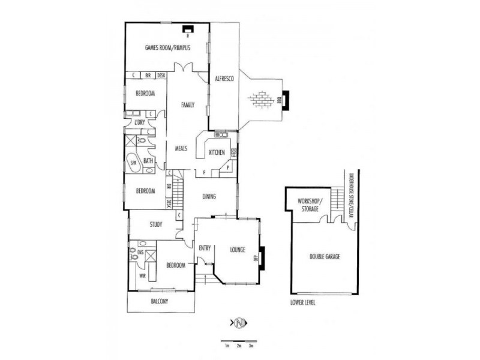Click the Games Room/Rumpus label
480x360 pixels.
(168, 48)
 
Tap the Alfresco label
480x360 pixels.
(224, 79)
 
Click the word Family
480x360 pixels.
(188, 105)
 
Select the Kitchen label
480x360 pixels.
(217, 153)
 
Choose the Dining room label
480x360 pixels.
(209, 197)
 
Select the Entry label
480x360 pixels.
(205, 248)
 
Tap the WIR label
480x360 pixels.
(142, 275)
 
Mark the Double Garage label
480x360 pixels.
(325, 256)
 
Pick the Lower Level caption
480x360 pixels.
(302, 303)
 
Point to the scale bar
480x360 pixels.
(239, 343)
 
